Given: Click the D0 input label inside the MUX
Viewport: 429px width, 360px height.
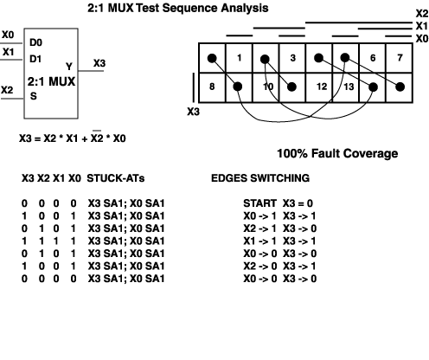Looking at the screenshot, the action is coord(35,42).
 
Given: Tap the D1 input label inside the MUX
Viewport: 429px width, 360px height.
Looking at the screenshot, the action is coord(35,59).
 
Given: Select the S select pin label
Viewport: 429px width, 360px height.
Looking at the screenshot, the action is coord(34,96).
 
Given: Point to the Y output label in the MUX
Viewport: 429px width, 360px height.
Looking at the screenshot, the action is coord(69,67).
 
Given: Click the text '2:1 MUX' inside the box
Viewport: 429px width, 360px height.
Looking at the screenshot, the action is coord(51,81).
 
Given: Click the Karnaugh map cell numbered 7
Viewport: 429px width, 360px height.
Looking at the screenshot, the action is coord(400,58).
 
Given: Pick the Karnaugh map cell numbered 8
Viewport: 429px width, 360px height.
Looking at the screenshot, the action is coord(212,87).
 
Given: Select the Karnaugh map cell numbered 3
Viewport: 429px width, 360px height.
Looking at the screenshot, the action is coord(292,58).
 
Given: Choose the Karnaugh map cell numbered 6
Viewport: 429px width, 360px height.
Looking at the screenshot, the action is coord(373,58).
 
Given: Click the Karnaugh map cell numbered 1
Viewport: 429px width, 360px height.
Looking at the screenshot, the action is coord(239,58).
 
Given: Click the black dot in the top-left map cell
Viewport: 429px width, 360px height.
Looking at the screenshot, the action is coord(212,58).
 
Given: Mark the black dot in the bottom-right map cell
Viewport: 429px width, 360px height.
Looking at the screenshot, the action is coord(400,87).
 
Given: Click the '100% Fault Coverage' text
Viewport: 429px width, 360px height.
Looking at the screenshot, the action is coord(337,153).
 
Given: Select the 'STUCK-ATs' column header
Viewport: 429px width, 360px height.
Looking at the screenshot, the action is coord(116,178).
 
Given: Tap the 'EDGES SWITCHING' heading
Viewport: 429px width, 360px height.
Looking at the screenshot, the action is coord(260,178).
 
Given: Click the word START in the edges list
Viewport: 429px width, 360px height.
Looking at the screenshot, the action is coord(259,203).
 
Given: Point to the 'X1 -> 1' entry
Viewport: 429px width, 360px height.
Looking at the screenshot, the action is coord(259,241).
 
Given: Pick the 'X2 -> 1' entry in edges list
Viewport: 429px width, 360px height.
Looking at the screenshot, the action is coord(259,228).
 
